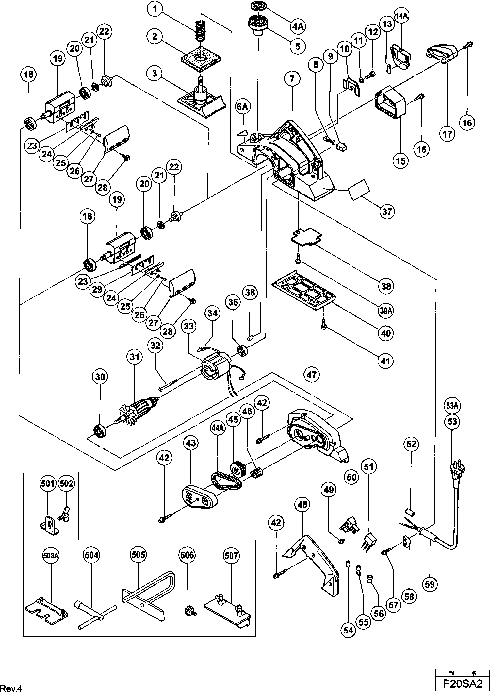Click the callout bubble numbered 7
292,78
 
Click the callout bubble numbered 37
387,211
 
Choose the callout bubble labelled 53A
452,406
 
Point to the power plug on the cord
456,468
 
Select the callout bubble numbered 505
139,555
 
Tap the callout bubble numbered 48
302,504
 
